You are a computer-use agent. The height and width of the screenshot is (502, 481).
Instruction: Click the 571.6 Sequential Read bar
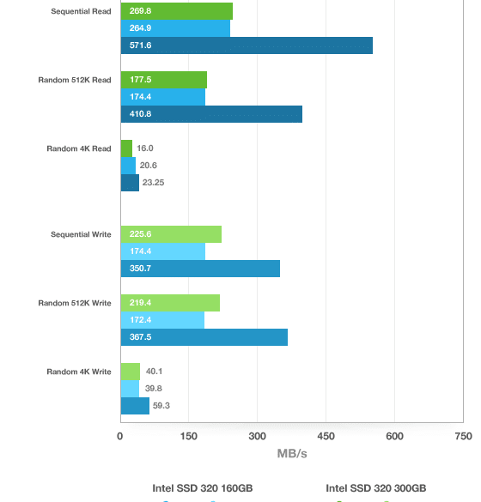click(x=247, y=45)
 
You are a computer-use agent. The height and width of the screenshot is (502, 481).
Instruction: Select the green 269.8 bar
click(x=177, y=11)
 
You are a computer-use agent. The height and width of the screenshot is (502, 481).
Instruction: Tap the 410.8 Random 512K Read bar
click(x=211, y=114)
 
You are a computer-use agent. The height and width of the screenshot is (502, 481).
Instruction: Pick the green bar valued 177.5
click(x=164, y=80)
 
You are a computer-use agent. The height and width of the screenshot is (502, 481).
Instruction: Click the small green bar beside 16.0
click(x=126, y=148)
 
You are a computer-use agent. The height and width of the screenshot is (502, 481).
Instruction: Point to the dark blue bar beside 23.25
click(x=130, y=183)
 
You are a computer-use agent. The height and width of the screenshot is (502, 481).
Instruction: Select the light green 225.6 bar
click(x=171, y=234)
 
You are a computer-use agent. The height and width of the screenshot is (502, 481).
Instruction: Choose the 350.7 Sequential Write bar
click(x=200, y=269)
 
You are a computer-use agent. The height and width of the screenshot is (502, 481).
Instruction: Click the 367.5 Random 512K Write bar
click(x=204, y=337)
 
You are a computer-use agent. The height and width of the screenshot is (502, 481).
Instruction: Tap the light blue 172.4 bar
click(x=162, y=320)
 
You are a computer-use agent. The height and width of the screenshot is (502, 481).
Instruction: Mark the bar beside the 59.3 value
click(x=135, y=406)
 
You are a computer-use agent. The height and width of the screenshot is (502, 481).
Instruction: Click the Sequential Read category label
click(x=81, y=11)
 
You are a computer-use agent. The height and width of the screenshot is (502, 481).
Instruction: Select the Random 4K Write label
click(x=79, y=372)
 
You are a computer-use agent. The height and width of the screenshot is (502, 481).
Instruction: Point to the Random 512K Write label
click(x=75, y=303)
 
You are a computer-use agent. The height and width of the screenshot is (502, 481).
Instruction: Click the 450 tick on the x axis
click(x=326, y=436)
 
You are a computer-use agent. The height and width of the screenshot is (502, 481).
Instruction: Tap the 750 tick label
click(x=463, y=436)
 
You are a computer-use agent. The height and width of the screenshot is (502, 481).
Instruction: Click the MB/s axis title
click(x=292, y=454)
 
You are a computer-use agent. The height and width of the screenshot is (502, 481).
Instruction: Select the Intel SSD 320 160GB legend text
click(x=203, y=488)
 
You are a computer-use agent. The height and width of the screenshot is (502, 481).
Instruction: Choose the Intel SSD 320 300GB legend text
click(x=376, y=488)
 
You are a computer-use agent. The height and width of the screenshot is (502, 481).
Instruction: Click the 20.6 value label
click(x=148, y=166)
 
